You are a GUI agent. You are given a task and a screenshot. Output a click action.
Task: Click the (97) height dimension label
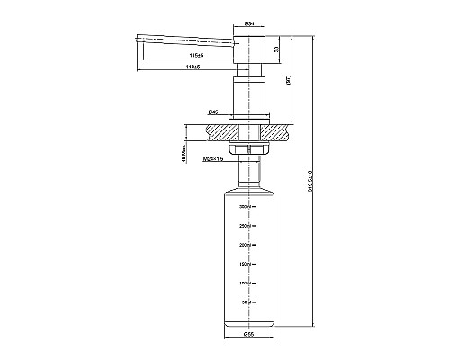(x=289, y=79)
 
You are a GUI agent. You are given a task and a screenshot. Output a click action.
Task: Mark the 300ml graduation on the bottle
(x=244, y=206)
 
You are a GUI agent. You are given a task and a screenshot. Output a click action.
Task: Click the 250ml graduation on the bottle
(x=244, y=225)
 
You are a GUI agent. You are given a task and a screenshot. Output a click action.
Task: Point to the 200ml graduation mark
(x=244, y=244)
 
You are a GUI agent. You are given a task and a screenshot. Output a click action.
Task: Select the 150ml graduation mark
(x=244, y=264)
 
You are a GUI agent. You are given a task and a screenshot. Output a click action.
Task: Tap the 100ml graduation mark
(x=244, y=283)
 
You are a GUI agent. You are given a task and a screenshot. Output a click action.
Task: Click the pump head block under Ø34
(x=248, y=49)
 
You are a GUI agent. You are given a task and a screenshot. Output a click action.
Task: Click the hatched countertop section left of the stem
(x=216, y=130)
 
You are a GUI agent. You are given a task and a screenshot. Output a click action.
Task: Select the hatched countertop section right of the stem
(x=281, y=130)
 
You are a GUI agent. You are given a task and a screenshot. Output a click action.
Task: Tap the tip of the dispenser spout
(x=138, y=38)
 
